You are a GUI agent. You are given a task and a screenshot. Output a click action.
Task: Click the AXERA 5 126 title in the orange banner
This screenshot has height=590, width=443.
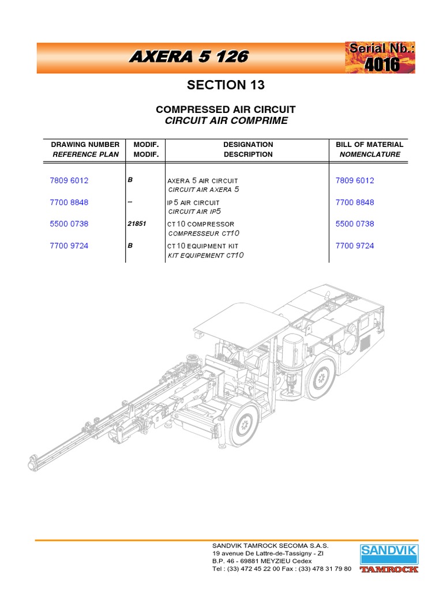click(x=189, y=56)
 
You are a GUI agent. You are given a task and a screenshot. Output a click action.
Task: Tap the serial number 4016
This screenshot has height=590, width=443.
click(x=381, y=65)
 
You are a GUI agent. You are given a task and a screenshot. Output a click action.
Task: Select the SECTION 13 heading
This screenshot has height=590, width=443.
click(x=226, y=85)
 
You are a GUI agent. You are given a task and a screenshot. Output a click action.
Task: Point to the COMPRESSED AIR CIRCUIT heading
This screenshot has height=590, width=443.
click(x=226, y=109)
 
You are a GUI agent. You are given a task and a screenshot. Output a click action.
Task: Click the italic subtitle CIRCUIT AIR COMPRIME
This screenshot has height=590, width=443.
click(x=226, y=120)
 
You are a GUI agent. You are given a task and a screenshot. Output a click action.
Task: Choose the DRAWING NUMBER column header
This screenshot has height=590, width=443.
click(x=85, y=145)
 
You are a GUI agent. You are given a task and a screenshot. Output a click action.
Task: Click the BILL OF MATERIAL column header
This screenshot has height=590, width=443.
click(x=370, y=145)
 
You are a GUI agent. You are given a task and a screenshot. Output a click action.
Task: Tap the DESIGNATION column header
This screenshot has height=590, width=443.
click(x=248, y=145)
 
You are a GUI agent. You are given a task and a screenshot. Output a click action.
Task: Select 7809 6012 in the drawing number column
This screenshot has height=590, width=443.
click(x=69, y=180)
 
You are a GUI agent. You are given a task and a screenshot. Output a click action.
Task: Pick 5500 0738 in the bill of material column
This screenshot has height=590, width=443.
click(x=355, y=224)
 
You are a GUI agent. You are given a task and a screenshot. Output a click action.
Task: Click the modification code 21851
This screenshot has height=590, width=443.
click(x=136, y=224)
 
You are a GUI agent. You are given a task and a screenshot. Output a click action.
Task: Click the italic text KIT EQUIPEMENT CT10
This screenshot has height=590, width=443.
click(x=203, y=255)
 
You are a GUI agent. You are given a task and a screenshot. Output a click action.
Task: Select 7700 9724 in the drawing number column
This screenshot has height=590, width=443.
click(x=69, y=245)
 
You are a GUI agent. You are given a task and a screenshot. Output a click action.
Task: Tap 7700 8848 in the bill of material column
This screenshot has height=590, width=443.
click(x=355, y=202)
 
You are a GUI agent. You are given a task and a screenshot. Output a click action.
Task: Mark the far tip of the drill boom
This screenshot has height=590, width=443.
click(x=33, y=463)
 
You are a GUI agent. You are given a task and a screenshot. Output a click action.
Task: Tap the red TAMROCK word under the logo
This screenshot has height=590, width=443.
click(x=389, y=569)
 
